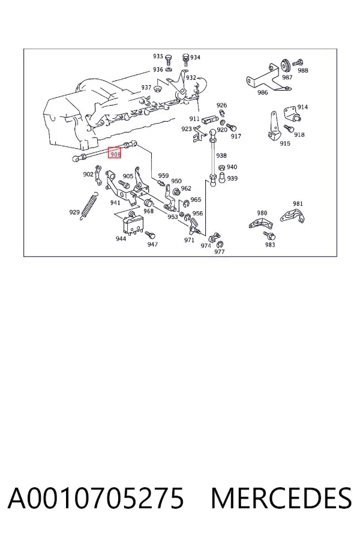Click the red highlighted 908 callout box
tap(115, 152)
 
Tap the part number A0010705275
tap(96, 498)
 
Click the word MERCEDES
tap(281, 498)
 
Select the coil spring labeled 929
tap(90, 206)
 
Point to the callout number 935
tap(158, 56)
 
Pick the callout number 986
tap(263, 92)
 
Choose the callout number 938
tap(221, 155)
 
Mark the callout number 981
tap(298, 203)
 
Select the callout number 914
tap(302, 107)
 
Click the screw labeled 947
tap(150, 235)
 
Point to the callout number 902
tap(88, 174)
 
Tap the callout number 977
tap(220, 252)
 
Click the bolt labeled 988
tap(298, 62)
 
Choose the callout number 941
tap(115, 203)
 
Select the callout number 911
tap(194, 119)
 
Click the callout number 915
tap(285, 143)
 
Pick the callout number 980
tap(262, 213)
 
